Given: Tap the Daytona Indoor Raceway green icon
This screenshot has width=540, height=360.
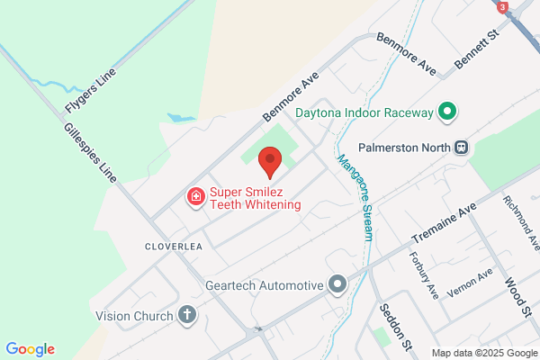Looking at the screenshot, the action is coord(447,113).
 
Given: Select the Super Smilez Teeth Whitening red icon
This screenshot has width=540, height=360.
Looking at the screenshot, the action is coord(193,196).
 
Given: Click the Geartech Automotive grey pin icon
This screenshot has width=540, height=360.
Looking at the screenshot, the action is coord(338,285).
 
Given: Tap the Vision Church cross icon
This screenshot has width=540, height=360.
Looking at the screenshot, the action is coord(186,315).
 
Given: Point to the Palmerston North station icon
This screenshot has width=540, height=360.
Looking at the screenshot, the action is coord(461,147).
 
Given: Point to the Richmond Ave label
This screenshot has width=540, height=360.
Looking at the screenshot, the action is coord(522,222).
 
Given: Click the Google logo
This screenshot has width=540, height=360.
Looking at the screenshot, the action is coord(30,349).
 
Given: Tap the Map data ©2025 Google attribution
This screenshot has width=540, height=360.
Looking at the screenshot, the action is coord(483,353).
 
